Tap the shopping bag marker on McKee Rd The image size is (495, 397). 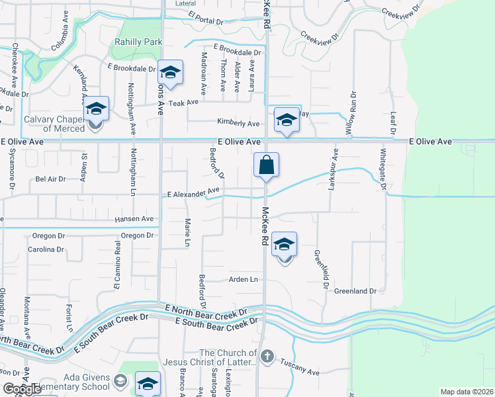(x=266, y=165)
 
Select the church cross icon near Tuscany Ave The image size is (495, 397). (x=267, y=357)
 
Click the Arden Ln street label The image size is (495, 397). (x=243, y=280)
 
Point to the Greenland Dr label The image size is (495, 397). (x=355, y=291)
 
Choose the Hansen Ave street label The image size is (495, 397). (x=134, y=218)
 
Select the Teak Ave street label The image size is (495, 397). (x=183, y=103)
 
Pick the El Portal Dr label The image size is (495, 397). (x=205, y=21)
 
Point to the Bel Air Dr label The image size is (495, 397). (x=51, y=179)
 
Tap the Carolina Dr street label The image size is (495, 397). (x=46, y=250)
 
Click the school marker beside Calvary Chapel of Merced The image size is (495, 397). (x=96, y=109)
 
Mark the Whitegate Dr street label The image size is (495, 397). (x=382, y=169)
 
